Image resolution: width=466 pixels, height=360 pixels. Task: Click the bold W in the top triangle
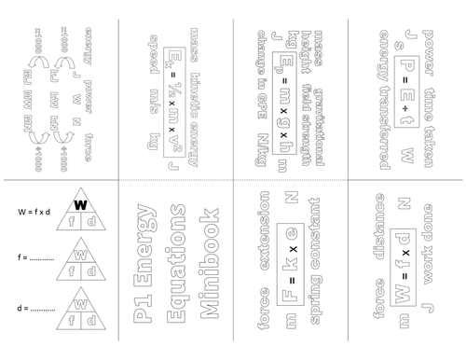point(80,204)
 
